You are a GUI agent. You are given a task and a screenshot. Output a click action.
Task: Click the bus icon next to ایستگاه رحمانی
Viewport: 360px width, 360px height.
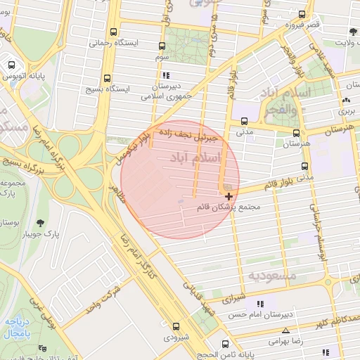click(x=114, y=32)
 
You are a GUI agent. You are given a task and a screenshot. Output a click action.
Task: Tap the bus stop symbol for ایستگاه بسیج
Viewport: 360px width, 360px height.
click(x=107, y=79)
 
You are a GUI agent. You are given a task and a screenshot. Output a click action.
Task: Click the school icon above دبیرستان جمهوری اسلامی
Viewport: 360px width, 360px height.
click(x=166, y=75)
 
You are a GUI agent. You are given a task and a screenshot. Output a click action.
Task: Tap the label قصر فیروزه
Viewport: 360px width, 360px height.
click(x=302, y=25)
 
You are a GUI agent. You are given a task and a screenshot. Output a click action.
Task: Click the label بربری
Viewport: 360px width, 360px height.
click(x=347, y=110)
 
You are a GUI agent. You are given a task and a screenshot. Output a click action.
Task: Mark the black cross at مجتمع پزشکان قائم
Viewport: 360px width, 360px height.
click(x=229, y=196)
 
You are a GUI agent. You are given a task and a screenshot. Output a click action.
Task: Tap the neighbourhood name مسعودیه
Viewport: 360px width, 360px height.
click(x=278, y=275)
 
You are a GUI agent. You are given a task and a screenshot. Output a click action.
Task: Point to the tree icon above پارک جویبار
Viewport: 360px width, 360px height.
click(x=39, y=223)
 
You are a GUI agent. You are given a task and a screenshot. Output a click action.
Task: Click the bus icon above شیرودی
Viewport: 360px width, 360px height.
click(x=175, y=326)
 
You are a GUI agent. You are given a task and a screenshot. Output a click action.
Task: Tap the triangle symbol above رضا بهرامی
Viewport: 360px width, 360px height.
click(x=285, y=330)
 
